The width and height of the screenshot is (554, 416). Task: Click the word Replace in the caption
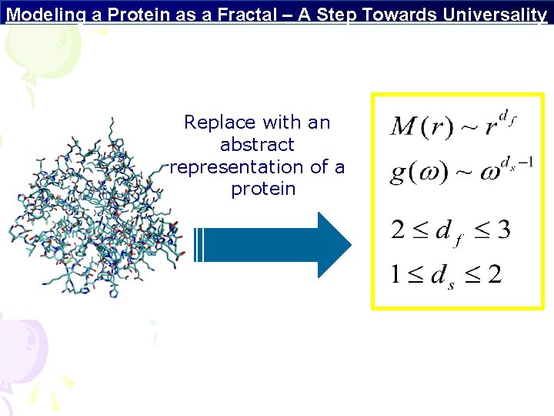click(x=220, y=122)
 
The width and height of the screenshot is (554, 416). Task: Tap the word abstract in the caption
click(x=257, y=145)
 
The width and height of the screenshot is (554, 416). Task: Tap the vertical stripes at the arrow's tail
click(x=199, y=245)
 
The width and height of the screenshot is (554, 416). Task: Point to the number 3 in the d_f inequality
click(x=502, y=230)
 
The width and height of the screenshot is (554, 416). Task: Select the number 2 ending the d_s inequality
click(x=494, y=274)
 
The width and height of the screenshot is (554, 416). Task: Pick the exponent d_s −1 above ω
click(x=516, y=163)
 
